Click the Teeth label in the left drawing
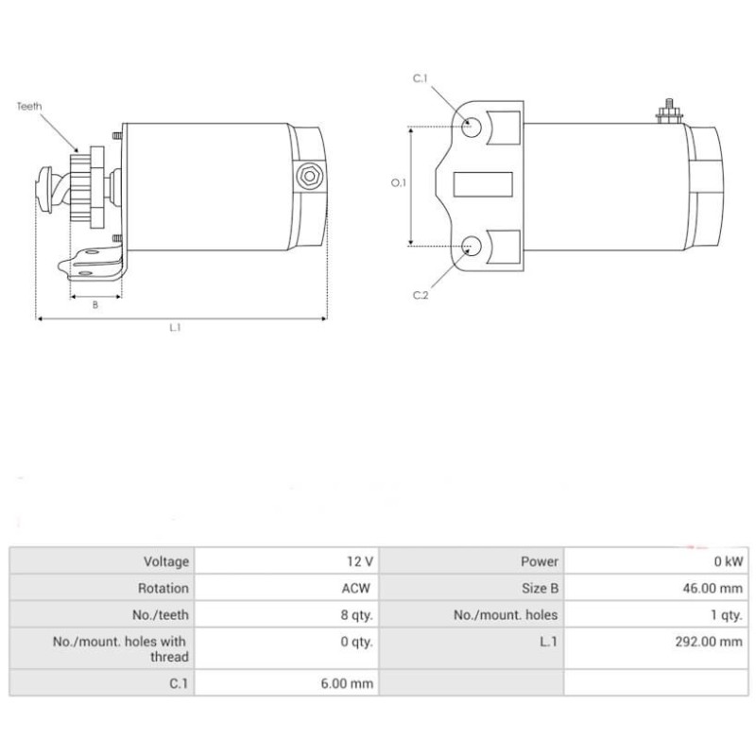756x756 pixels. pyautogui.click(x=29, y=106)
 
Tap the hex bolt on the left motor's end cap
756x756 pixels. pyautogui.click(x=310, y=176)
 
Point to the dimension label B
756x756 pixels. pyautogui.click(x=95, y=305)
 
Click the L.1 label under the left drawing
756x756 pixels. pyautogui.click(x=175, y=327)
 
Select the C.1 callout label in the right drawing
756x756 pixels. pyautogui.click(x=421, y=78)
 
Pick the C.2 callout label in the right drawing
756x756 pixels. pyautogui.click(x=421, y=295)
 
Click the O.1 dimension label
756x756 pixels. pyautogui.click(x=398, y=182)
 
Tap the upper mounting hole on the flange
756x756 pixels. pyautogui.click(x=471, y=128)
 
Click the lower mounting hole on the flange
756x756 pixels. pyautogui.click(x=471, y=246)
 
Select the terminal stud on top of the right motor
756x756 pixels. pyautogui.click(x=669, y=112)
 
